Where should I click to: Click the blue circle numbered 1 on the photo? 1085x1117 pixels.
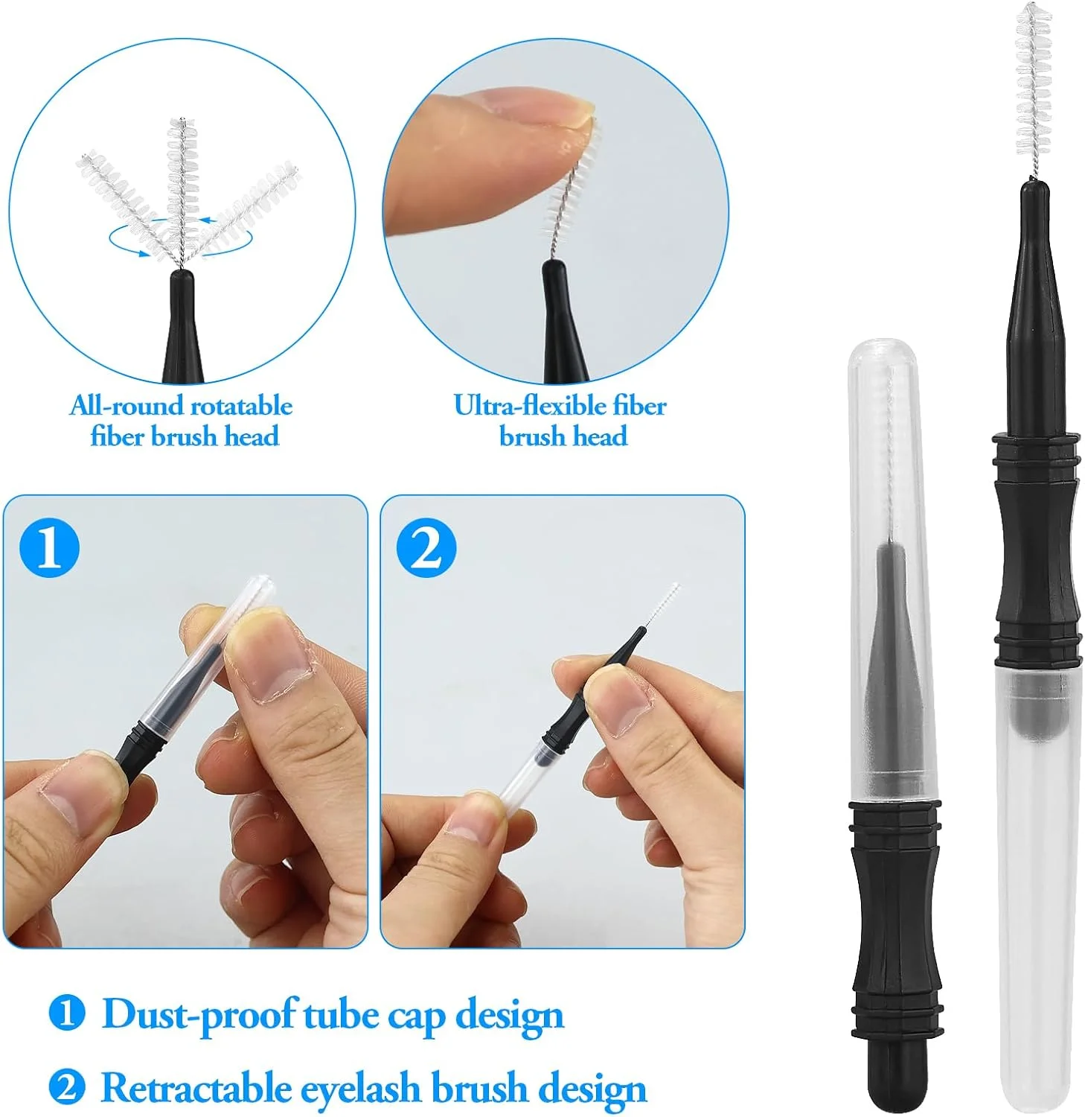tap(49, 548)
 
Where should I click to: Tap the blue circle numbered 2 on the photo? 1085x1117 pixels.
tap(426, 548)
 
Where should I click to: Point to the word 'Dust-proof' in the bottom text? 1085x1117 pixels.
tap(199, 1014)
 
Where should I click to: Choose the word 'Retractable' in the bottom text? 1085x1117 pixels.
tap(196, 1088)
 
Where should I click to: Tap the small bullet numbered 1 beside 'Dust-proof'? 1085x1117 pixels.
tap(67, 1013)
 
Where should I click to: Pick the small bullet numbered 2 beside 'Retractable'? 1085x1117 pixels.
tap(67, 1088)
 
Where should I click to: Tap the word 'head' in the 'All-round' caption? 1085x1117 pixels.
tap(252, 436)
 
